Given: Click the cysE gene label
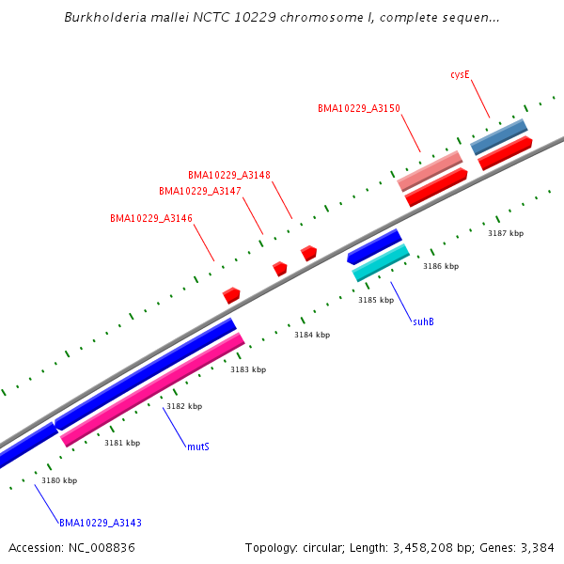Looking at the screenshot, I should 460,73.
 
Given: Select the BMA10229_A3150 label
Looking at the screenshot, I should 359,109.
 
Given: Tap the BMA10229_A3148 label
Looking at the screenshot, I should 229,175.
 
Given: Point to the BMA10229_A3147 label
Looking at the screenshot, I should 200,191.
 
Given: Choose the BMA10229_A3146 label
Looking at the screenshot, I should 151,218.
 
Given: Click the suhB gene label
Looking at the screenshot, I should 423,321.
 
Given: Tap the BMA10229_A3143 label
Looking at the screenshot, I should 101,523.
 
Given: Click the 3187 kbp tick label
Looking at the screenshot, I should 506,233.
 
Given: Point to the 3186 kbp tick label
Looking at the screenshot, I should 441,267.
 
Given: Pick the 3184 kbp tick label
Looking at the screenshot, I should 312,335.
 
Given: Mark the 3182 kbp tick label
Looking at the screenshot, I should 184,406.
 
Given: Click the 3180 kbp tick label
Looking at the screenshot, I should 59,480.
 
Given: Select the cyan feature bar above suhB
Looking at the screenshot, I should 381,262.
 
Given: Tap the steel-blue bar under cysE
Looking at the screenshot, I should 498,136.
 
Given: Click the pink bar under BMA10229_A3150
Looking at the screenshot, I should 430,170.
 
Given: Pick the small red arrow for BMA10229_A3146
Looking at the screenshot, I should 231,295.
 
